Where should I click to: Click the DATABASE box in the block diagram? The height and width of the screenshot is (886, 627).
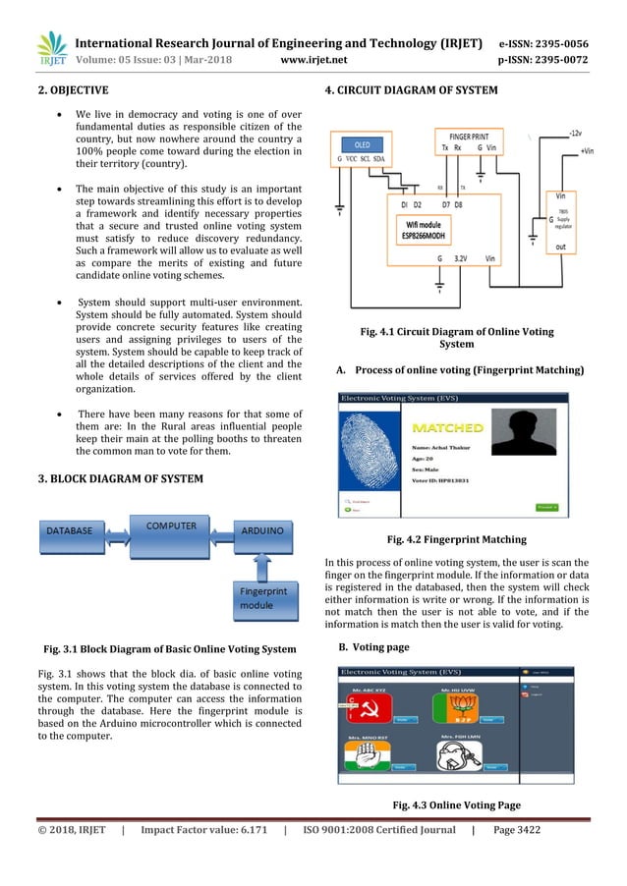coord(67,531)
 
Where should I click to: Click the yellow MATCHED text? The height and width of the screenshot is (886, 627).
coord(447,428)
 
